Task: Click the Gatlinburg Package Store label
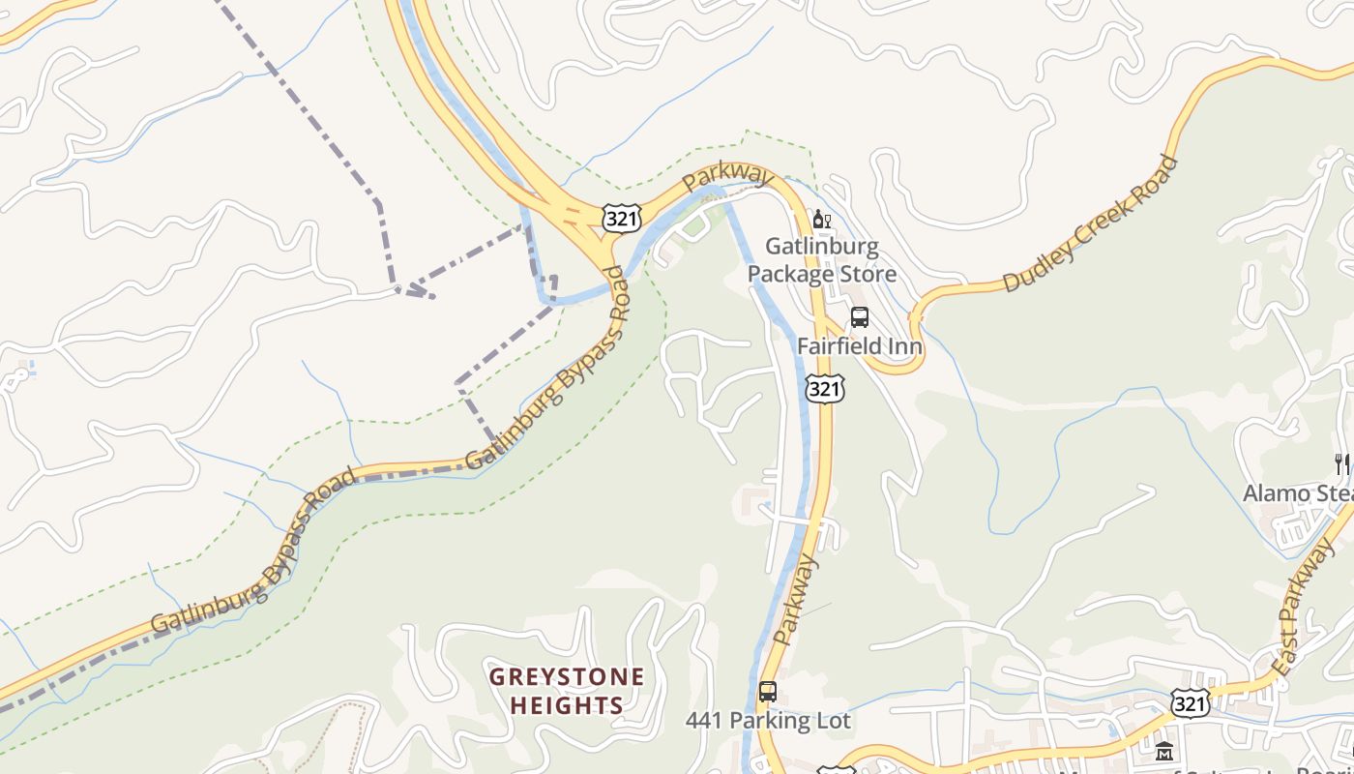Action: (821, 260)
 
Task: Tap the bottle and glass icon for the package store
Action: (822, 220)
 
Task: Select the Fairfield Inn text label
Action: (859, 345)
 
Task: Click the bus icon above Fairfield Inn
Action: (859, 317)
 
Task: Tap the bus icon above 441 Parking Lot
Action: (767, 692)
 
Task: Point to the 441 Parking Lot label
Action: (768, 721)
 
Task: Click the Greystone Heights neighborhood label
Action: (566, 691)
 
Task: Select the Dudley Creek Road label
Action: (1090, 223)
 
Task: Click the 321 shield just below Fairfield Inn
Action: (823, 388)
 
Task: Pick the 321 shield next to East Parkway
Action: (1189, 703)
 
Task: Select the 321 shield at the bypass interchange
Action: (620, 219)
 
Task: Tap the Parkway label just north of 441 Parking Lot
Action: (796, 600)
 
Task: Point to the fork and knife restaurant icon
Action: (1342, 464)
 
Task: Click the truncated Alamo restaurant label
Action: (1297, 493)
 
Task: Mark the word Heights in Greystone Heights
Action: (566, 705)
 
